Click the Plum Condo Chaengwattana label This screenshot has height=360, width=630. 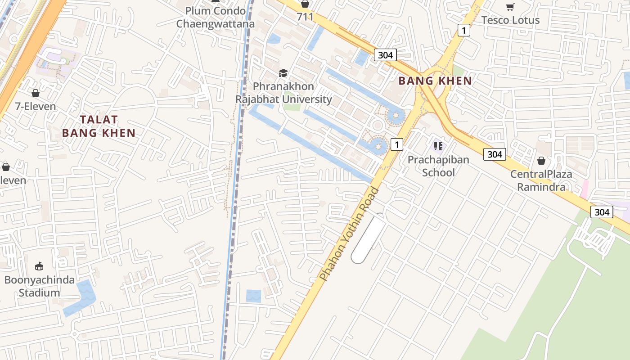(215, 18)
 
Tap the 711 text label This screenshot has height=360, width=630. (305, 17)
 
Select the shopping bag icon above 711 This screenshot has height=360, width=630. (305, 4)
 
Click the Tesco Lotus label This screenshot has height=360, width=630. (510, 20)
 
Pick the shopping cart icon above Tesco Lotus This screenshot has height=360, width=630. (510, 7)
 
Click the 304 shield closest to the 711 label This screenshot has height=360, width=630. (385, 55)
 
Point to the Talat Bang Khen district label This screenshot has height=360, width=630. (99, 126)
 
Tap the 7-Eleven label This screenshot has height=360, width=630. (36, 107)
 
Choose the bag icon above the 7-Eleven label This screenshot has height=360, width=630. (36, 93)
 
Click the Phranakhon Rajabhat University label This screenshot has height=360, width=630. (283, 93)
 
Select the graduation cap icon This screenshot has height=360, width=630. (283, 73)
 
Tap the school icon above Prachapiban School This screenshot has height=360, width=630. (438, 146)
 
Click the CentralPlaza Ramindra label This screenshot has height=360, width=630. (541, 180)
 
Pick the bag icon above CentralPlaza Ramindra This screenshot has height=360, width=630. (541, 161)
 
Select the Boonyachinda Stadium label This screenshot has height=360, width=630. (39, 286)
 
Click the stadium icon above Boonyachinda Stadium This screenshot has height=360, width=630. (39, 266)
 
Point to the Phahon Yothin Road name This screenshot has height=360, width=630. (349, 234)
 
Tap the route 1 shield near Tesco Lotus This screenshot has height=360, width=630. (463, 30)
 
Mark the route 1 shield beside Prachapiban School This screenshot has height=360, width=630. (396, 144)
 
